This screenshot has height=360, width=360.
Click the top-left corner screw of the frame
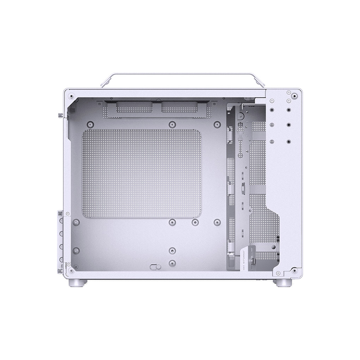coord(72,95)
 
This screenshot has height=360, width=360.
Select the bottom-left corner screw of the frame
coord(71,270)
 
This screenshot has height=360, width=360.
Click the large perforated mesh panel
coord(142,174)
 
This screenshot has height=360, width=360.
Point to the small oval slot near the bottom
coord(155,267)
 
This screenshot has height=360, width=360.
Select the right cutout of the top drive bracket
coord(180,108)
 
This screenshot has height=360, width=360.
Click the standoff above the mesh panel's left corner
coord(90,124)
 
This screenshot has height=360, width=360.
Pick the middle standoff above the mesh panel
coord(172,124)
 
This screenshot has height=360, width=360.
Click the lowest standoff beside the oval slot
coord(172,263)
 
